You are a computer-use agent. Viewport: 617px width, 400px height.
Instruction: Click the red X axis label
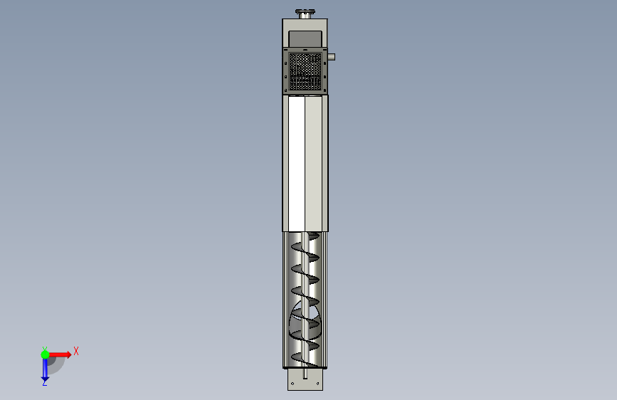coord(76,351)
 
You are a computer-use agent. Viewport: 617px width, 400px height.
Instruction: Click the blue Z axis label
coord(44,382)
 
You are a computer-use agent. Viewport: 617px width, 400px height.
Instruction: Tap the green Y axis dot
coord(45,354)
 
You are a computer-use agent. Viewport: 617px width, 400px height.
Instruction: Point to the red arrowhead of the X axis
coord(69,354)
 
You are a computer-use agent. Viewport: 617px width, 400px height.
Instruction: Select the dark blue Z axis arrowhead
coord(45,379)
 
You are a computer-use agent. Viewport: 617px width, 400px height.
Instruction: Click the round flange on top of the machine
coord(305,12)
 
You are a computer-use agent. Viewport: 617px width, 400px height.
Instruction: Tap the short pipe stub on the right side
coord(331,57)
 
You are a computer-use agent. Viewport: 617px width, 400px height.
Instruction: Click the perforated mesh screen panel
coord(305,71)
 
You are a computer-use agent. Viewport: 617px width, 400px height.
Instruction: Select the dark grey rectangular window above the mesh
coord(305,39)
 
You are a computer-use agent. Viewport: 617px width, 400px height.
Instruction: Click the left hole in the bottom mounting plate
coord(292,383)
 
